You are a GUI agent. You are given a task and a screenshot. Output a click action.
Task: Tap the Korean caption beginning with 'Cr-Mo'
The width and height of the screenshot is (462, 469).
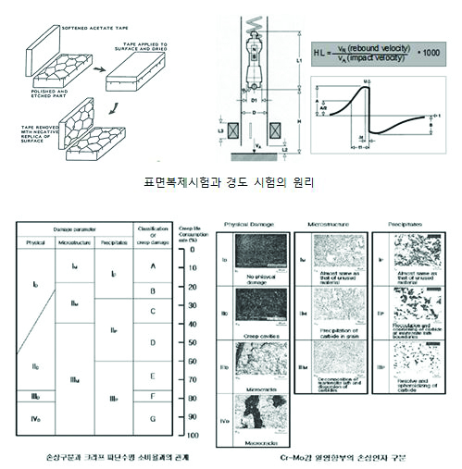pos(342,458)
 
